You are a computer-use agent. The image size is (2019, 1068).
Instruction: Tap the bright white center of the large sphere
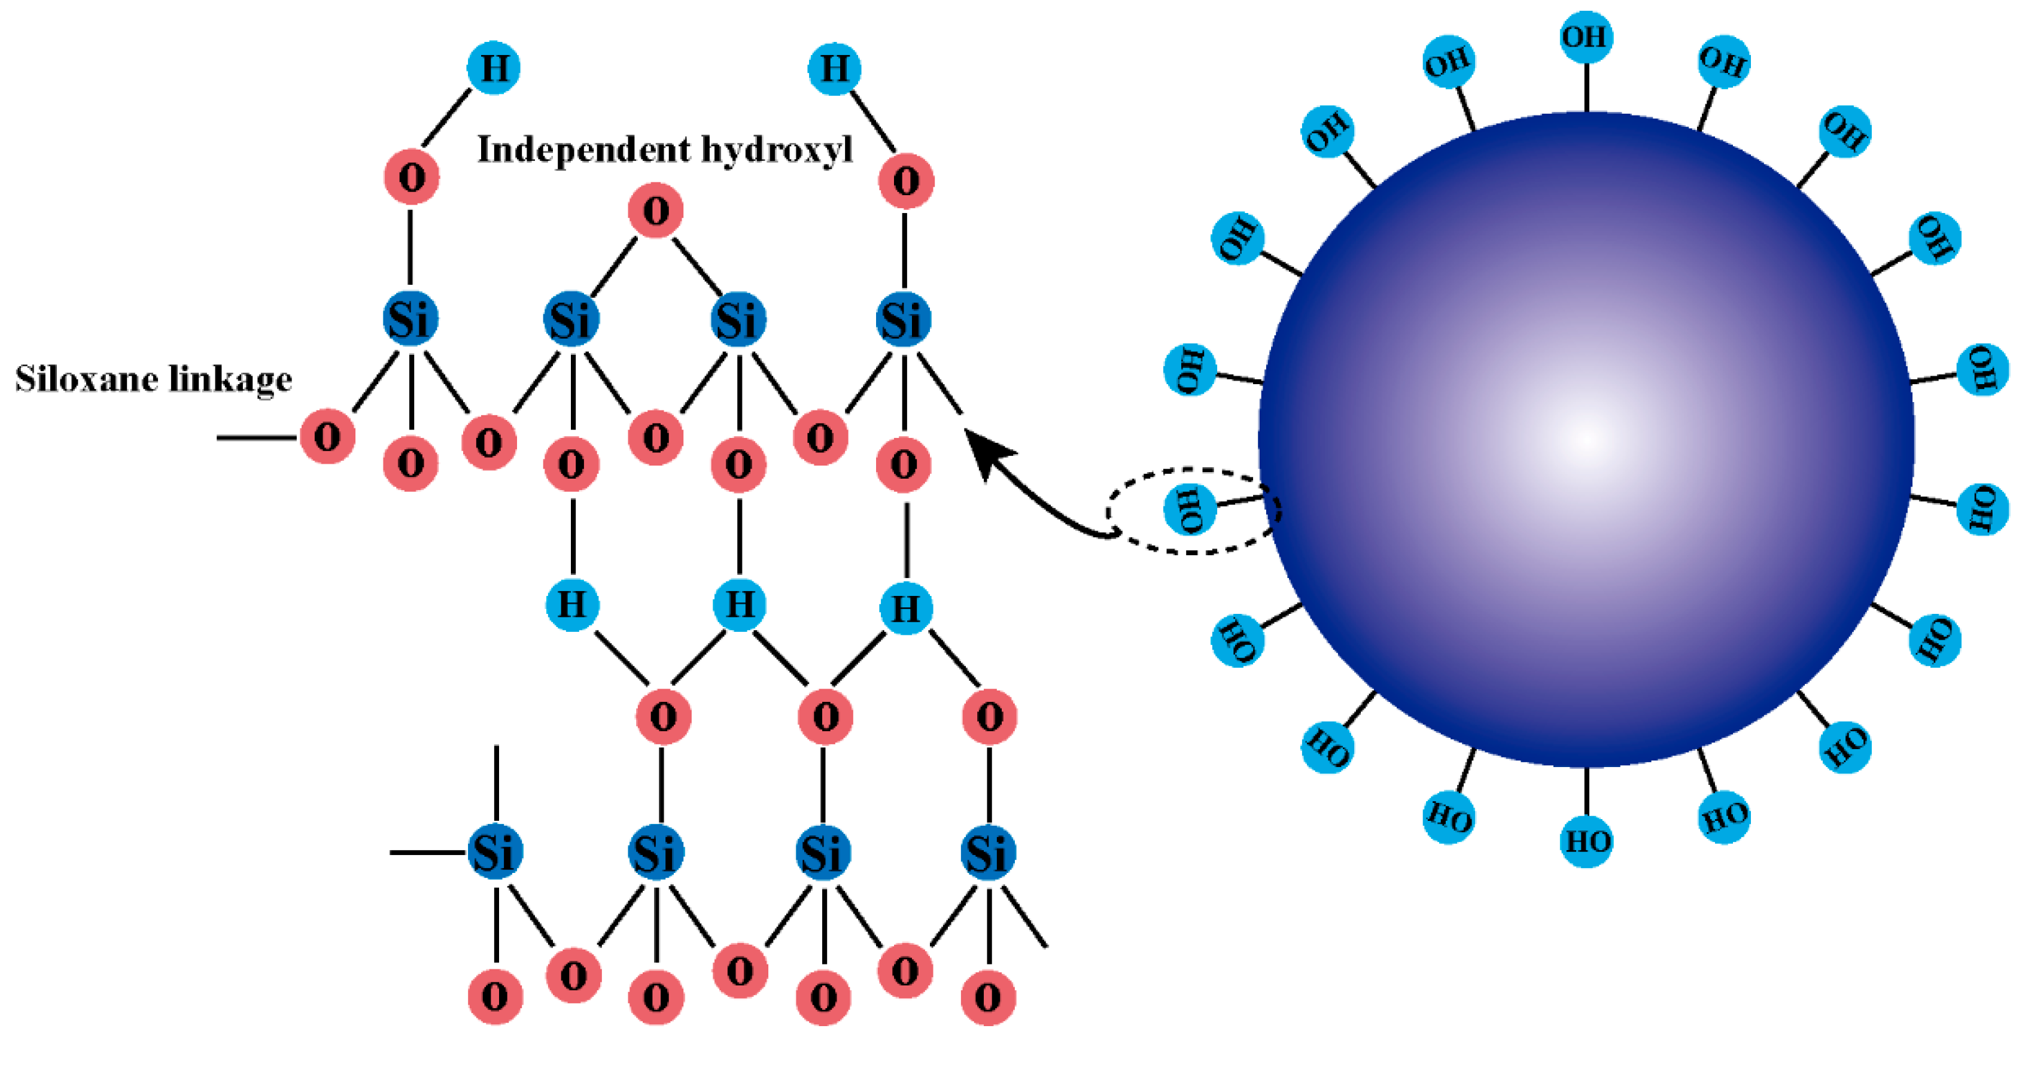point(1585,440)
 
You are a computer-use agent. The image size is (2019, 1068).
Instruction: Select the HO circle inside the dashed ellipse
point(1189,509)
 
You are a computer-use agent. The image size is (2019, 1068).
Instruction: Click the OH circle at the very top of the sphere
point(1586,37)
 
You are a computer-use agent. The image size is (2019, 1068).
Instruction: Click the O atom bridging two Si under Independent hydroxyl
point(656,210)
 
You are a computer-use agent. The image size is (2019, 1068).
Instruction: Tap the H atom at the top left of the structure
point(494,68)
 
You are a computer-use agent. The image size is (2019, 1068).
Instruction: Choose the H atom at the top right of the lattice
point(834,69)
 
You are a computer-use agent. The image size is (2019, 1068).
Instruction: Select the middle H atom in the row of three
point(739,604)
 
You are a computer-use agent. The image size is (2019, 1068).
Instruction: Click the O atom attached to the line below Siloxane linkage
point(327,436)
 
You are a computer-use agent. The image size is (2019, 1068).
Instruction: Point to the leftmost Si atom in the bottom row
point(494,852)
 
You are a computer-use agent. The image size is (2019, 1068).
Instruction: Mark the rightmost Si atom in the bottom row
point(987,853)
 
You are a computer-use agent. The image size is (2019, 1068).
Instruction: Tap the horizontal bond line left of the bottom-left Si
point(428,852)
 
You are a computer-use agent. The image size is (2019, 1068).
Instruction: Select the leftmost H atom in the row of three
point(572,604)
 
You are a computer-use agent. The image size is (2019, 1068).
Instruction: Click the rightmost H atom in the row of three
point(905,608)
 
